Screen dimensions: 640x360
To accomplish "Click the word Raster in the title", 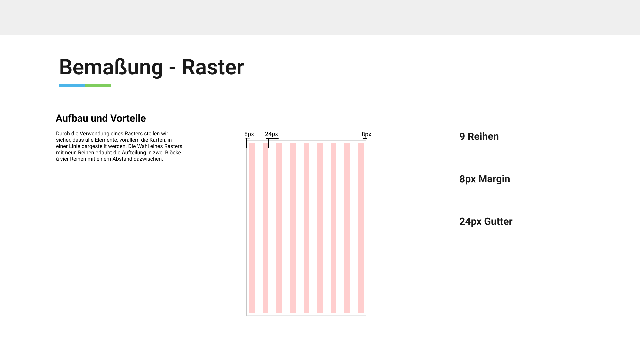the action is (x=213, y=67).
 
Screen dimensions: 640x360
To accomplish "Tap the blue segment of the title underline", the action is (x=72, y=86).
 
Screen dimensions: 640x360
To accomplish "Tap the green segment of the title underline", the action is (x=98, y=86).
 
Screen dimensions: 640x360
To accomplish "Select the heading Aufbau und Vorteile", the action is (x=101, y=118).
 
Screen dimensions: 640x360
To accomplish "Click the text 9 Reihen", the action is (x=479, y=136).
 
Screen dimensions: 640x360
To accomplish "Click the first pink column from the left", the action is (x=252, y=228).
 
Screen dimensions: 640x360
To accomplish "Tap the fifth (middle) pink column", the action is (x=306, y=228).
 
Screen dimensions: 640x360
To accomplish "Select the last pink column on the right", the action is (x=361, y=228).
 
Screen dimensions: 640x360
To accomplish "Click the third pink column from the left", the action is (x=279, y=228).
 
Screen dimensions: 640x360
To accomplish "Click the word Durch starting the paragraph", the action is (x=63, y=134).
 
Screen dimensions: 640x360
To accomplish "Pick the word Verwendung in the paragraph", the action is (x=94, y=134).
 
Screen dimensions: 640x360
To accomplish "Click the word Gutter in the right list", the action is (x=498, y=221).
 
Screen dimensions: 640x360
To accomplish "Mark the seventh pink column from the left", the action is (x=334, y=228).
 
